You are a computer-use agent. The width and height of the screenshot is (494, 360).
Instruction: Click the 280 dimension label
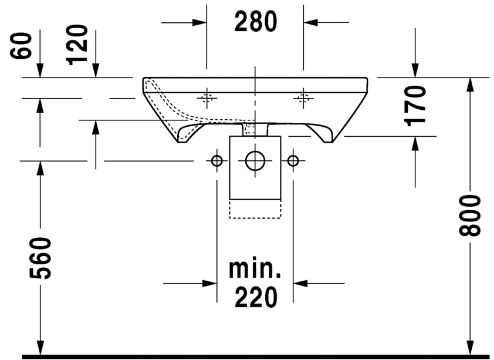click(255, 22)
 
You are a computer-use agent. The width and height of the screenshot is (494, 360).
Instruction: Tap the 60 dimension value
click(21, 45)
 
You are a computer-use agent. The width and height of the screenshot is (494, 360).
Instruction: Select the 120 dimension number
click(77, 45)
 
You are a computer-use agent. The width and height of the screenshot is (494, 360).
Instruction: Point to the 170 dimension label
click(416, 106)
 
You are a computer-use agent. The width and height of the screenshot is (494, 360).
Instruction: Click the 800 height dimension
click(469, 216)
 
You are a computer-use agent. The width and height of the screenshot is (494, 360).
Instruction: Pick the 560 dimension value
click(40, 258)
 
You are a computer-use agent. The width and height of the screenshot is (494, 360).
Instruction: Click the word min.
click(255, 269)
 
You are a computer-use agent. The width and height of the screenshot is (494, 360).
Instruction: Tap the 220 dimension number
click(256, 297)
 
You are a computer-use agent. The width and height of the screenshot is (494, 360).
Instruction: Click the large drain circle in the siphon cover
click(255, 161)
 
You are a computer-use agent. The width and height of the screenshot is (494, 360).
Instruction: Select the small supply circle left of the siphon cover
click(216, 161)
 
